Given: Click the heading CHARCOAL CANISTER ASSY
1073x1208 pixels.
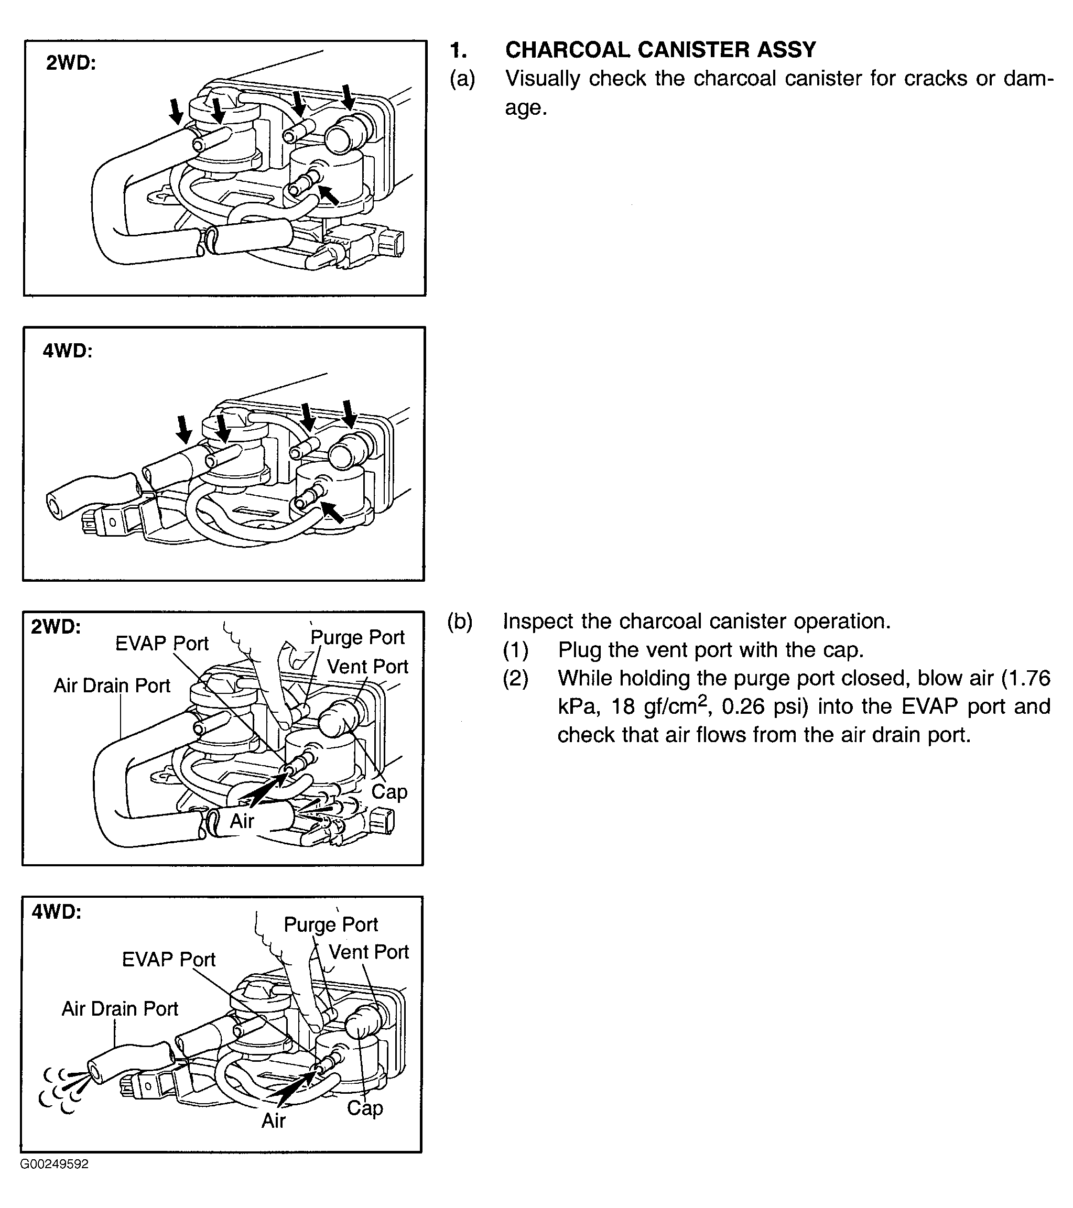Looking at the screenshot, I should tap(660, 50).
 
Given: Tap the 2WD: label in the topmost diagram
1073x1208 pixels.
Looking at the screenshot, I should tap(71, 63).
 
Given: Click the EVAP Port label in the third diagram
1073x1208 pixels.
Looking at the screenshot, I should tap(161, 643).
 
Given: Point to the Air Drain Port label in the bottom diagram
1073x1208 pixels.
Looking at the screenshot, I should tap(120, 1008).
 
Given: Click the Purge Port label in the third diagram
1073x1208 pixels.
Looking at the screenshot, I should tap(357, 637).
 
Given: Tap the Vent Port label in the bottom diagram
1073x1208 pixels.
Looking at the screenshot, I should tap(368, 952).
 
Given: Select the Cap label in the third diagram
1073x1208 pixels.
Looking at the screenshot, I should tap(389, 791).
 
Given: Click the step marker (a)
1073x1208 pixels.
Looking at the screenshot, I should tap(462, 79).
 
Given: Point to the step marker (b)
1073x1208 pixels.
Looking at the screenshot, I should tap(460, 622).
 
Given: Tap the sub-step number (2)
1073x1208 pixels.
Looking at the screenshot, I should tap(515, 679).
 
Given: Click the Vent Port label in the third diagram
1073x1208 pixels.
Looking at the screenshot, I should tap(367, 667).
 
